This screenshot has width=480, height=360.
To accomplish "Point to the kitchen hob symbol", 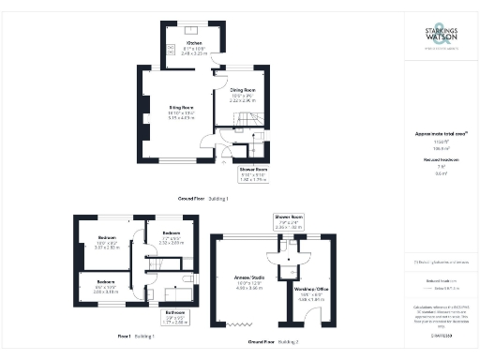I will (169, 48).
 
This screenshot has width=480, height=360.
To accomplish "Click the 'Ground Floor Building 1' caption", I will (202, 200).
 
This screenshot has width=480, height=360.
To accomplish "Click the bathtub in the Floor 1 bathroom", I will (175, 293).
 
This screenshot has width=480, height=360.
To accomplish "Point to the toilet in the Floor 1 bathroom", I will (189, 279).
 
